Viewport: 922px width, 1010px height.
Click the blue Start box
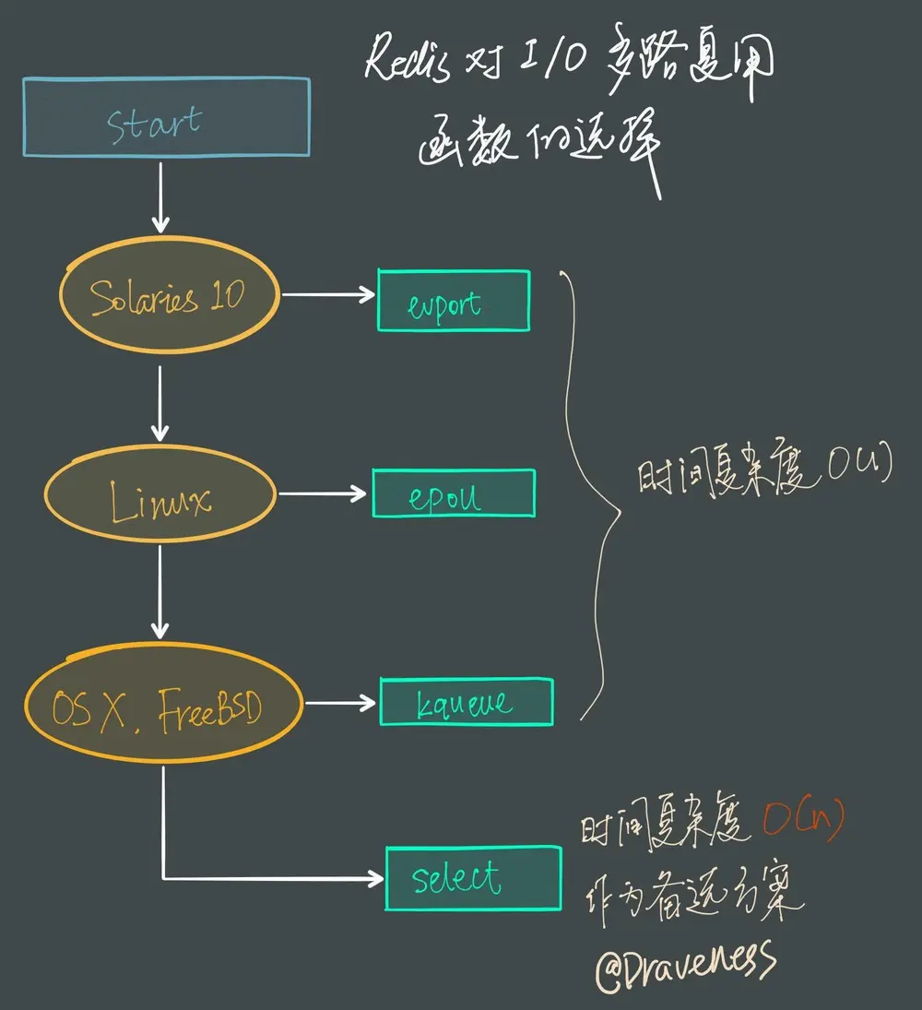(x=166, y=117)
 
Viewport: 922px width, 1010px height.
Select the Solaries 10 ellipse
(x=168, y=295)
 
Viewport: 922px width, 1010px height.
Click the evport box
(x=453, y=301)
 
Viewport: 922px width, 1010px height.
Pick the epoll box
(x=453, y=493)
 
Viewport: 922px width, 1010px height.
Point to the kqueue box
(x=466, y=702)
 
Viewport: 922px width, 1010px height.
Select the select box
(x=473, y=877)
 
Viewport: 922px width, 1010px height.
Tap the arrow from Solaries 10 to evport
(x=327, y=295)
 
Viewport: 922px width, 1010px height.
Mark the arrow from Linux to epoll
(x=323, y=494)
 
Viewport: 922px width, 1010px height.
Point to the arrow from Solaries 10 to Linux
(x=160, y=403)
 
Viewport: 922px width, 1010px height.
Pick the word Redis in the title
(x=407, y=64)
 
